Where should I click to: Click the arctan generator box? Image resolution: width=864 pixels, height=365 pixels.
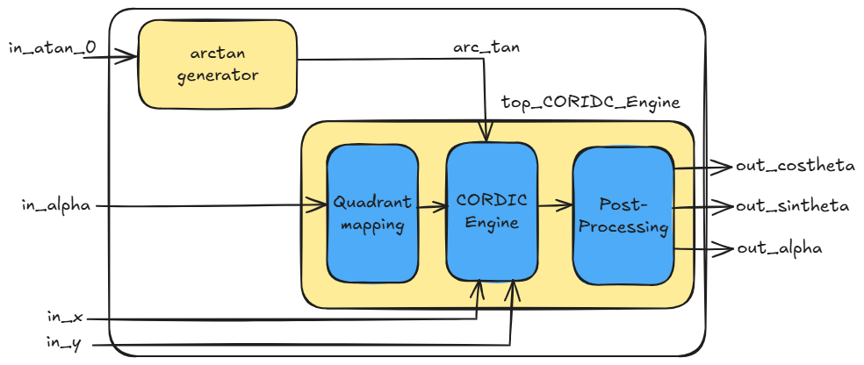coord(217,63)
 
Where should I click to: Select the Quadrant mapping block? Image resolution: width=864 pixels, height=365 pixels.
coord(371,213)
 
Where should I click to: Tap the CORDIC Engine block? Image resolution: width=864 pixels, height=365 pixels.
coord(492,211)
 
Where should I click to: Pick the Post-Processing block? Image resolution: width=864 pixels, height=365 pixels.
coord(623,216)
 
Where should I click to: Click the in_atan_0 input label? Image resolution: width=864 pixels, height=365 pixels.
coord(52,47)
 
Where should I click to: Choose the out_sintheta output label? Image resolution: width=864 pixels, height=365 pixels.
coord(791,206)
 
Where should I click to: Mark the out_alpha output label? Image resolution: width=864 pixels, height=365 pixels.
coord(779,248)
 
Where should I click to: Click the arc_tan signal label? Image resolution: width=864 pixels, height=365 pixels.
coord(486,47)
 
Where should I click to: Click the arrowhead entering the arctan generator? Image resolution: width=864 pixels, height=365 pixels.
coord(132,58)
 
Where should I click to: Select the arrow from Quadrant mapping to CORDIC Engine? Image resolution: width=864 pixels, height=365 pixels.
coord(431,208)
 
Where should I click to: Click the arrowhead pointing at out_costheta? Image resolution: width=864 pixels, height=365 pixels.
coord(725,166)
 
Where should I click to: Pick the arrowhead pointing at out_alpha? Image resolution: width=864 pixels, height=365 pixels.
coord(725,248)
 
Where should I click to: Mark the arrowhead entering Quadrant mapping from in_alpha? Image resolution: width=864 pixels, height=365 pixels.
coord(320,206)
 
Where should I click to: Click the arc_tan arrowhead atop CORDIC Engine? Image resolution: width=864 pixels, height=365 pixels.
coord(486,134)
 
